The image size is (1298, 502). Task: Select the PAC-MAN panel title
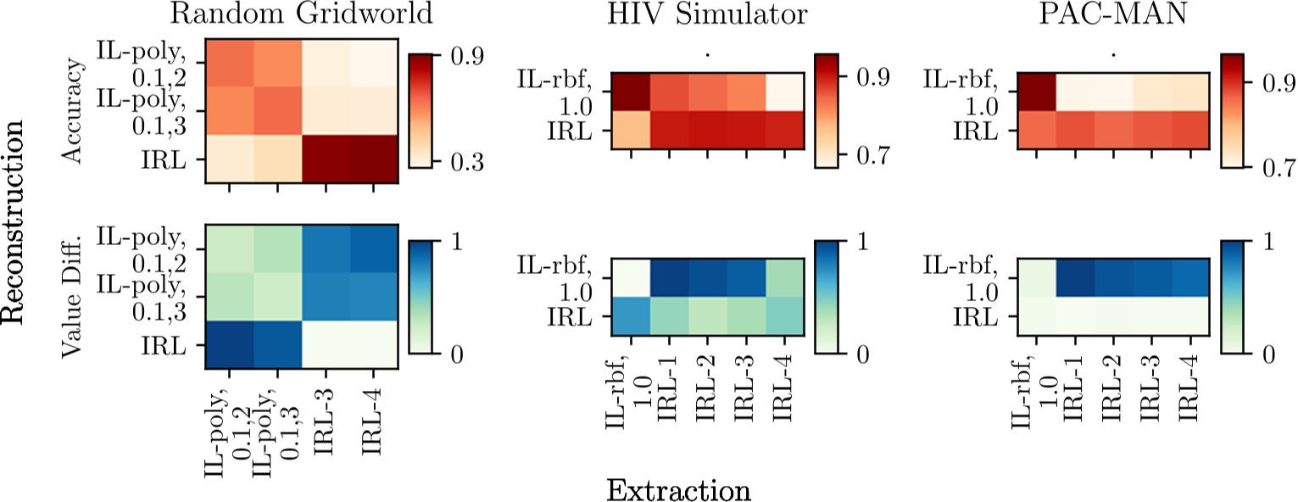[x=1112, y=15]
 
